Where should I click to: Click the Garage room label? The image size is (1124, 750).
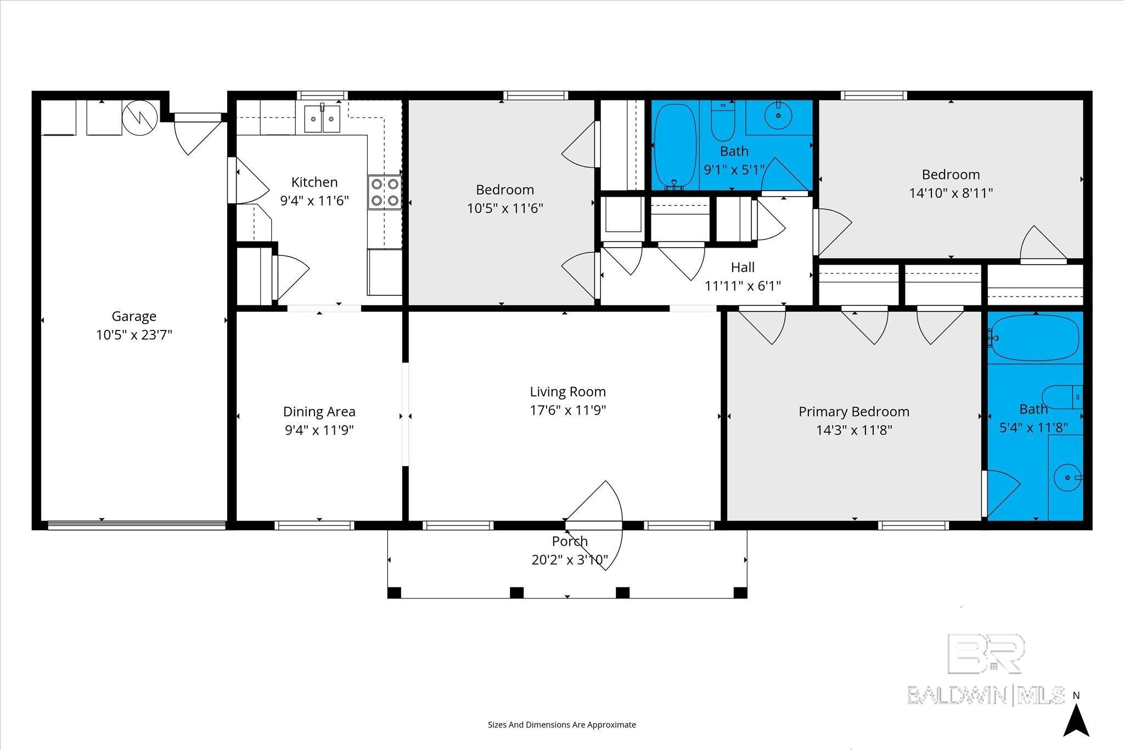134,316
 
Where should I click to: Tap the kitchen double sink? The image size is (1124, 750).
322,119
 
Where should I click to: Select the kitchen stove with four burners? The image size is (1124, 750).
384,192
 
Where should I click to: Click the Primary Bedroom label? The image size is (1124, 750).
853,412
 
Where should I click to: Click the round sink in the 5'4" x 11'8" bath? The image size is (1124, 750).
1066,478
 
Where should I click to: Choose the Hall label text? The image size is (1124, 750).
743,267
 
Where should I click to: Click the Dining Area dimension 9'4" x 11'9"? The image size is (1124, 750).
319,430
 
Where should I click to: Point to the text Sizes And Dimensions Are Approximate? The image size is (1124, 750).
561,725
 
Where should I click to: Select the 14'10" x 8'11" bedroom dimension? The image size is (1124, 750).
951,193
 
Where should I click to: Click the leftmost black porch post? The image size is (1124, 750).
394,592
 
